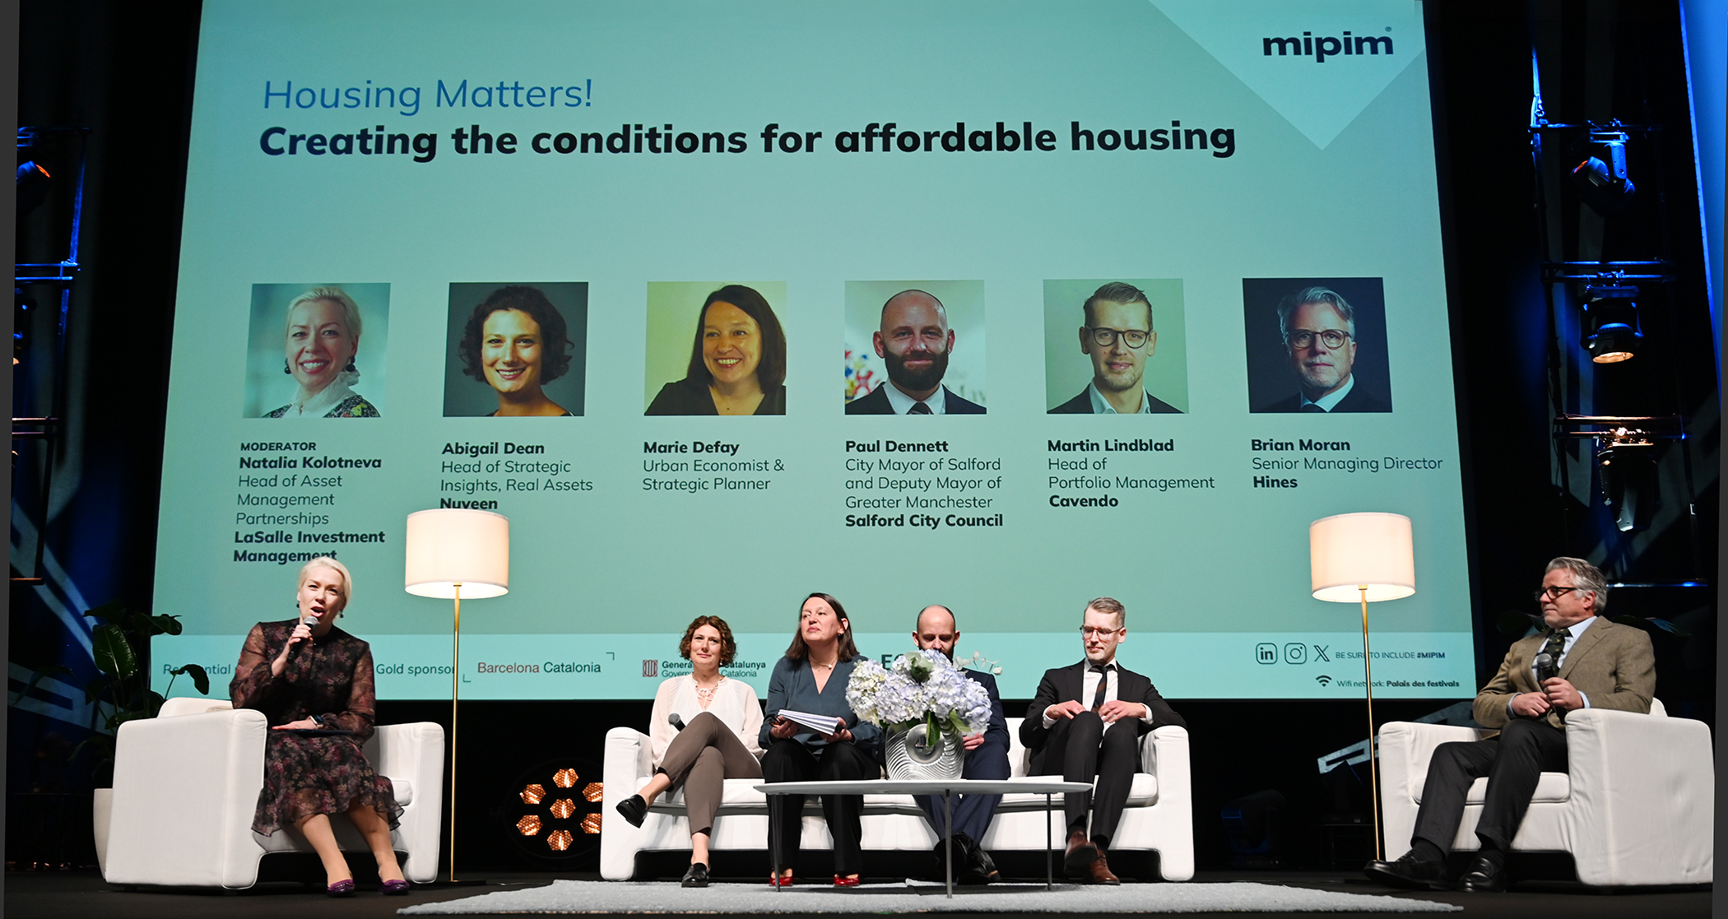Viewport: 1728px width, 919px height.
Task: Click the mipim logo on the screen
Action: coord(1327,44)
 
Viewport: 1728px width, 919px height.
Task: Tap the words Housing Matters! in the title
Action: coord(427,95)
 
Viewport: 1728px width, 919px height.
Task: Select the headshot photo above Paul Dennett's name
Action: coord(914,346)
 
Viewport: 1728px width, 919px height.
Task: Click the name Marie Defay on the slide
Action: coord(691,448)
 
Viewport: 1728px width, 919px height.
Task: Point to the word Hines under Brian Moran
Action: coord(1275,482)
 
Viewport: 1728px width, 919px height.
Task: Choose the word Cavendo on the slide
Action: coord(1083,501)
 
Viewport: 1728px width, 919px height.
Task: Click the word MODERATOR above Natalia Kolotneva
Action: coord(278,446)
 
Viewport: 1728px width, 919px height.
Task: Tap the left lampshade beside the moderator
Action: coord(457,553)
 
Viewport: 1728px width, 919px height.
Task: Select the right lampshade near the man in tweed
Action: coord(1362,556)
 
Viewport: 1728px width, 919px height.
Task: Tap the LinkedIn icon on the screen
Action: coord(1266,653)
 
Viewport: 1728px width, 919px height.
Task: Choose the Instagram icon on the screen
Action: coord(1295,653)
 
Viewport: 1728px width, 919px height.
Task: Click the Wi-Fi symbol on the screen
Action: coord(1323,681)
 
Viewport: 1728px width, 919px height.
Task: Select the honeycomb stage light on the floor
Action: coord(562,809)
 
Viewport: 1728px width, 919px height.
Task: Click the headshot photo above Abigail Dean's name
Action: coord(515,349)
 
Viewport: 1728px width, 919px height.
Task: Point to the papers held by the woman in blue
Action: coord(810,722)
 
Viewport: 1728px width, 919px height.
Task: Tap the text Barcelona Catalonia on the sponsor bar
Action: coord(539,668)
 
